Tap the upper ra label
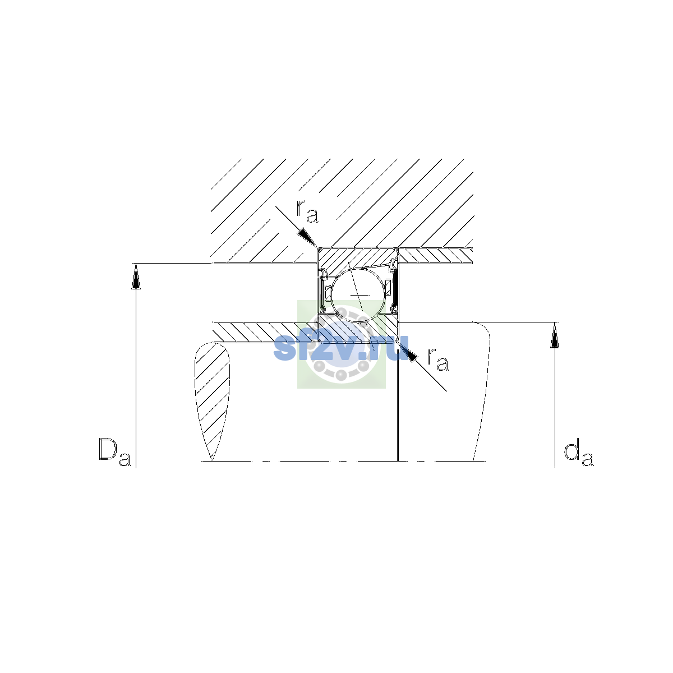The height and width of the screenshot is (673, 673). [x=307, y=211]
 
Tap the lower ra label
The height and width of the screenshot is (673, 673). [x=437, y=359]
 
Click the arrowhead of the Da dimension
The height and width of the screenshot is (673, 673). [x=136, y=276]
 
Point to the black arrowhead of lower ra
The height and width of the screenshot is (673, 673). [x=408, y=353]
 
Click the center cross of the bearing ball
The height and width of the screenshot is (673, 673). [x=359, y=295]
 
